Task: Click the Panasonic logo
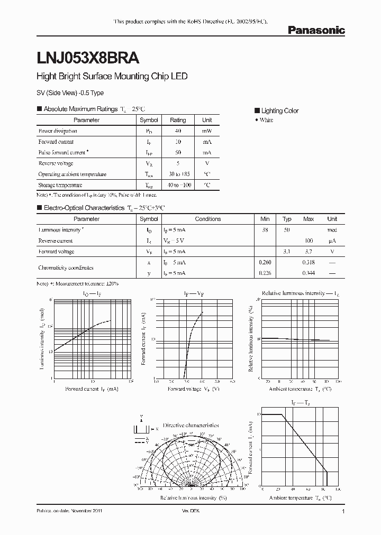[316, 31]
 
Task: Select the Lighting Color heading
[279, 110]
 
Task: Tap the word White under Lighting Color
[266, 121]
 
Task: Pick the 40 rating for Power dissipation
[178, 131]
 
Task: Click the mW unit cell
[207, 131]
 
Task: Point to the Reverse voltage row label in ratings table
[56, 163]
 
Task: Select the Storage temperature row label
[60, 185]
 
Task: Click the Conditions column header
[208, 219]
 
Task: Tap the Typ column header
[287, 219]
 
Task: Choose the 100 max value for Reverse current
[309, 241]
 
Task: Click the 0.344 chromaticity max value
[309, 273]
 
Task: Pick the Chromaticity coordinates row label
[66, 267]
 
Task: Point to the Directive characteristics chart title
[191, 425]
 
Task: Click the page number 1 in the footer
[344, 512]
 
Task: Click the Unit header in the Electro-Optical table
[332, 219]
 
